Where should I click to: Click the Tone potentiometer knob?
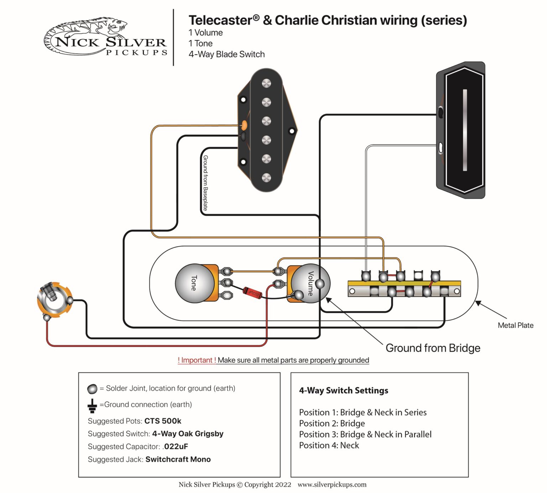(x=194, y=283)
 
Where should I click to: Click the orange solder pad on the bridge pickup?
(x=244, y=125)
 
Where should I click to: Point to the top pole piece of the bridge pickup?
(x=266, y=83)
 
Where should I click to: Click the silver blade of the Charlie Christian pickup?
(x=465, y=130)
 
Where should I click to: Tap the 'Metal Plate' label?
(x=515, y=325)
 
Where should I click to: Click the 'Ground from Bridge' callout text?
(x=433, y=348)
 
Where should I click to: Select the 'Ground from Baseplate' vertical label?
(x=205, y=183)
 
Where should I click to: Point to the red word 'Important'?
(x=197, y=360)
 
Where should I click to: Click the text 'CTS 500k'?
(x=163, y=421)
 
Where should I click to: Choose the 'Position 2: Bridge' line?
(x=332, y=423)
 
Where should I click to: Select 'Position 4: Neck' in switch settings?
(x=329, y=446)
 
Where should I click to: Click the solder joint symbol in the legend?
(x=92, y=388)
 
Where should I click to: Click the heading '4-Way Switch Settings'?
(x=344, y=391)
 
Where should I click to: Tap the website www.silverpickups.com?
(x=332, y=484)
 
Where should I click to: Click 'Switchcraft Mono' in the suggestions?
(x=178, y=459)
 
